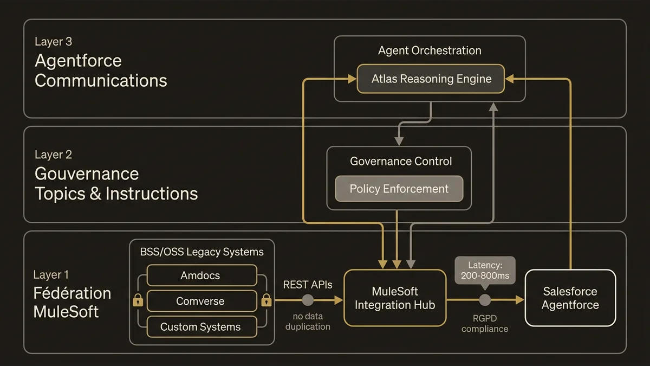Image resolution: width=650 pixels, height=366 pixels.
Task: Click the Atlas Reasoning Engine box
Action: tap(431, 79)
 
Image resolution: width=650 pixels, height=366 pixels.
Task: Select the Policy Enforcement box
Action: tap(399, 189)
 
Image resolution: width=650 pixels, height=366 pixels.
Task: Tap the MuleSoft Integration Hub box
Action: tap(394, 298)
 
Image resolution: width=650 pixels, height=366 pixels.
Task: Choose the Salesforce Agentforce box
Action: tap(570, 298)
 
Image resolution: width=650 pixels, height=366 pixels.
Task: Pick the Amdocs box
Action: tap(200, 275)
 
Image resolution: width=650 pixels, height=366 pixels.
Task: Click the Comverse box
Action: tap(200, 301)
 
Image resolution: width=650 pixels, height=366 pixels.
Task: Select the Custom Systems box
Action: tap(200, 327)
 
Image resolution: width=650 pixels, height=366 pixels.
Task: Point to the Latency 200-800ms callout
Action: tap(485, 269)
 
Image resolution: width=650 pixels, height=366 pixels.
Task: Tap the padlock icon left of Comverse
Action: tap(138, 299)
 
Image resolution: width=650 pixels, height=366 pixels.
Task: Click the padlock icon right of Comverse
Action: tap(266, 299)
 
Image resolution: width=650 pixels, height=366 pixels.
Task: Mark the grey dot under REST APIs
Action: tap(308, 300)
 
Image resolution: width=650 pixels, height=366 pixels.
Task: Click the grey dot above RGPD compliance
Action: tap(485, 300)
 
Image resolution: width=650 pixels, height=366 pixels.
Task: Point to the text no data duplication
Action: tap(308, 322)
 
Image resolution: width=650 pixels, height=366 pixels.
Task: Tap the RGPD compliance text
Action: tap(485, 324)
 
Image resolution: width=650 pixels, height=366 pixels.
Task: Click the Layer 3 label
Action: tap(53, 42)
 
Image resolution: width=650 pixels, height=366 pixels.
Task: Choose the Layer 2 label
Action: tap(53, 155)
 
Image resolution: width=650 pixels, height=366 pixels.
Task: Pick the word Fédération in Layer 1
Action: tap(72, 293)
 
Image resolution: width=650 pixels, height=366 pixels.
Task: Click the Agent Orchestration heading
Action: tap(430, 51)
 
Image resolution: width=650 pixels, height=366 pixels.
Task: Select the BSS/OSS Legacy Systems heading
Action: tap(201, 252)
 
